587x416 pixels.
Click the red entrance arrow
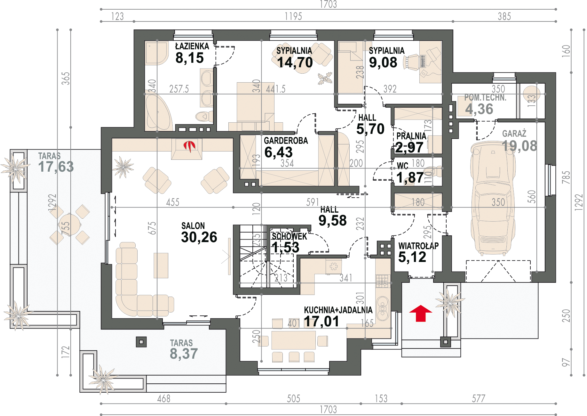pos(421,313)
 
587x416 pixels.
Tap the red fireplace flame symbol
pos(189,146)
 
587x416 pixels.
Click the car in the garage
pos(493,198)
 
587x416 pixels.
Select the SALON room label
pos(193,226)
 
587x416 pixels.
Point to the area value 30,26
pos(199,237)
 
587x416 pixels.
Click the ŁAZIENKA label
pos(192,46)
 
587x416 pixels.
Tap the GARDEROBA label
pos(286,141)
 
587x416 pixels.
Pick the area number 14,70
pos(295,62)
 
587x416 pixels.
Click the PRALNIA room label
pos(411,136)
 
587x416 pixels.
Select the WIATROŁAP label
pos(418,246)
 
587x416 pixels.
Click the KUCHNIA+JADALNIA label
pos(338,310)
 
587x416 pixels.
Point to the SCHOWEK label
pos(289,236)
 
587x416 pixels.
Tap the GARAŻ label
pos(514,134)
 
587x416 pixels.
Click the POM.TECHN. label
pos(485,98)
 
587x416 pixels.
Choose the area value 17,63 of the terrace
pos(56,167)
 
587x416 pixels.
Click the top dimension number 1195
pos(293,16)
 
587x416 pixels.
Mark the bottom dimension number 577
pos(479,399)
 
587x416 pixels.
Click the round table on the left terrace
pos(70,225)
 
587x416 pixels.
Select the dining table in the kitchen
pos(293,340)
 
